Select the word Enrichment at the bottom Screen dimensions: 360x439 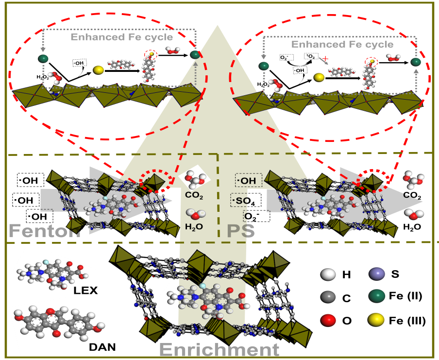219,349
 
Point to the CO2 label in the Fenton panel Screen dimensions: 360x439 194,196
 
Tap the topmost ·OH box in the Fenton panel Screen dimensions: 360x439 31,181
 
